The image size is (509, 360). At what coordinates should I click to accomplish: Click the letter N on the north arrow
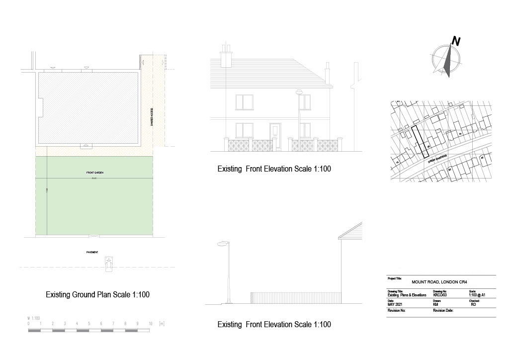tap(455, 41)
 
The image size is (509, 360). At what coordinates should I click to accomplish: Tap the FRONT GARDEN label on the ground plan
tap(94, 173)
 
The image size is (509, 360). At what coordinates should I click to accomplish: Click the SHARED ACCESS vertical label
tap(151, 117)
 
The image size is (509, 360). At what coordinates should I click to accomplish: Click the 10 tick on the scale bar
tap(150, 324)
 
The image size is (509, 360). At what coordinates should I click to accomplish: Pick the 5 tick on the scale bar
tap(89, 324)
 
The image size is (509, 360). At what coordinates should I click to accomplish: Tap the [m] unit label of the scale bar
tap(162, 324)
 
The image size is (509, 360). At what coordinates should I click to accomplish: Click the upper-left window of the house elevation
tap(244, 102)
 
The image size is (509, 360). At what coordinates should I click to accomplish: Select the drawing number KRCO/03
tap(441, 295)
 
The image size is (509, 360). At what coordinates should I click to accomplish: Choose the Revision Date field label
tap(443, 310)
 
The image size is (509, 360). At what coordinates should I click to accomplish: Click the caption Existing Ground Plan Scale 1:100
tap(97, 294)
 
